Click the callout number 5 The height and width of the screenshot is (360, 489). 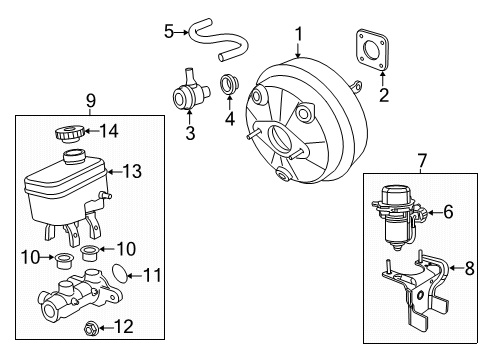click(x=168, y=32)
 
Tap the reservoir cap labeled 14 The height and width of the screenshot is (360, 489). click(x=71, y=130)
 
